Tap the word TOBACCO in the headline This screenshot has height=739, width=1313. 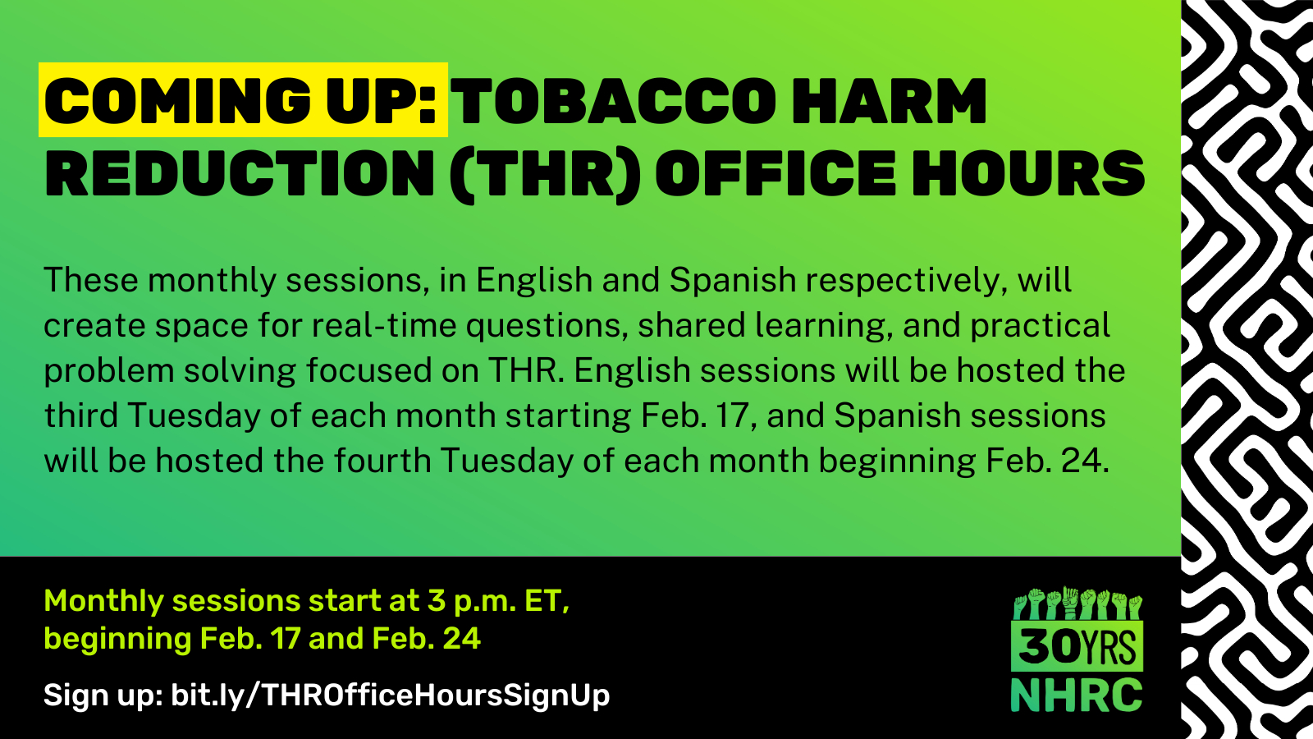click(x=614, y=101)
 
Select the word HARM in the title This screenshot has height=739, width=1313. click(x=890, y=101)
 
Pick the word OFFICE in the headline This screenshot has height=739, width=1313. click(x=775, y=173)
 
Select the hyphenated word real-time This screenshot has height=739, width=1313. click(x=383, y=325)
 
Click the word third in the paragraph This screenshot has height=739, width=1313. click(x=81, y=415)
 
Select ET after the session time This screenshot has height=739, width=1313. click(x=547, y=601)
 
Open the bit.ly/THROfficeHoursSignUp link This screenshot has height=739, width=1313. click(x=391, y=695)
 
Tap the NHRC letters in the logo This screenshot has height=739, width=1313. click(x=1077, y=695)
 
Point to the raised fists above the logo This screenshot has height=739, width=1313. click(x=1077, y=604)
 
